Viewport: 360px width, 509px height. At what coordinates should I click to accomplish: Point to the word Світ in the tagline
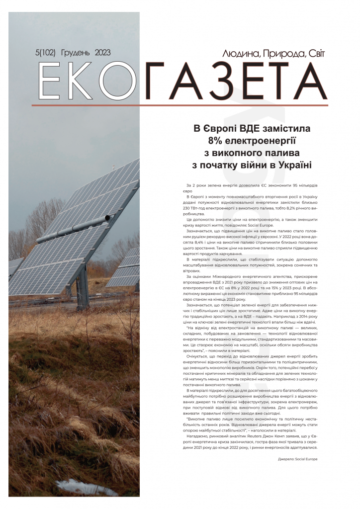click(314, 53)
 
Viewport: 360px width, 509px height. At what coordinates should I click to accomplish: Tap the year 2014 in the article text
click(299, 302)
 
